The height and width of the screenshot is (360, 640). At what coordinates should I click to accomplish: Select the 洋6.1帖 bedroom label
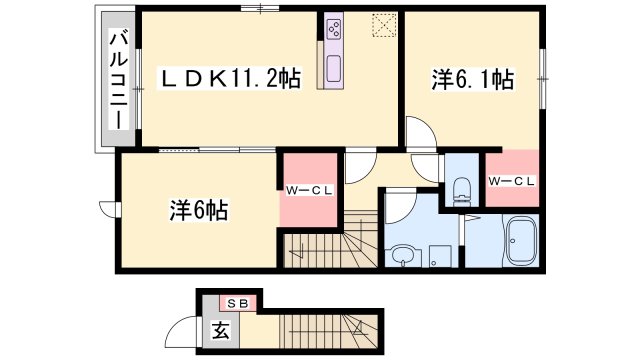(474, 79)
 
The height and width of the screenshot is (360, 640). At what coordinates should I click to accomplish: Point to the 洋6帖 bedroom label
(198, 210)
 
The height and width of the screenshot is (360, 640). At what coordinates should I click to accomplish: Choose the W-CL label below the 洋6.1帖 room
(512, 180)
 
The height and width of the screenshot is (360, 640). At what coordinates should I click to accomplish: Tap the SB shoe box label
(238, 302)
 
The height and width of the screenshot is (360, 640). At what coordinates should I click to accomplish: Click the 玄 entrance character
(218, 330)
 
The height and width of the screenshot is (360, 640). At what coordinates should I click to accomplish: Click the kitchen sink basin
(333, 71)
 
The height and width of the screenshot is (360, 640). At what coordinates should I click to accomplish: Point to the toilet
(461, 187)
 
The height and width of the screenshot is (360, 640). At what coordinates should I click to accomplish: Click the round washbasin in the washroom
(404, 255)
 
